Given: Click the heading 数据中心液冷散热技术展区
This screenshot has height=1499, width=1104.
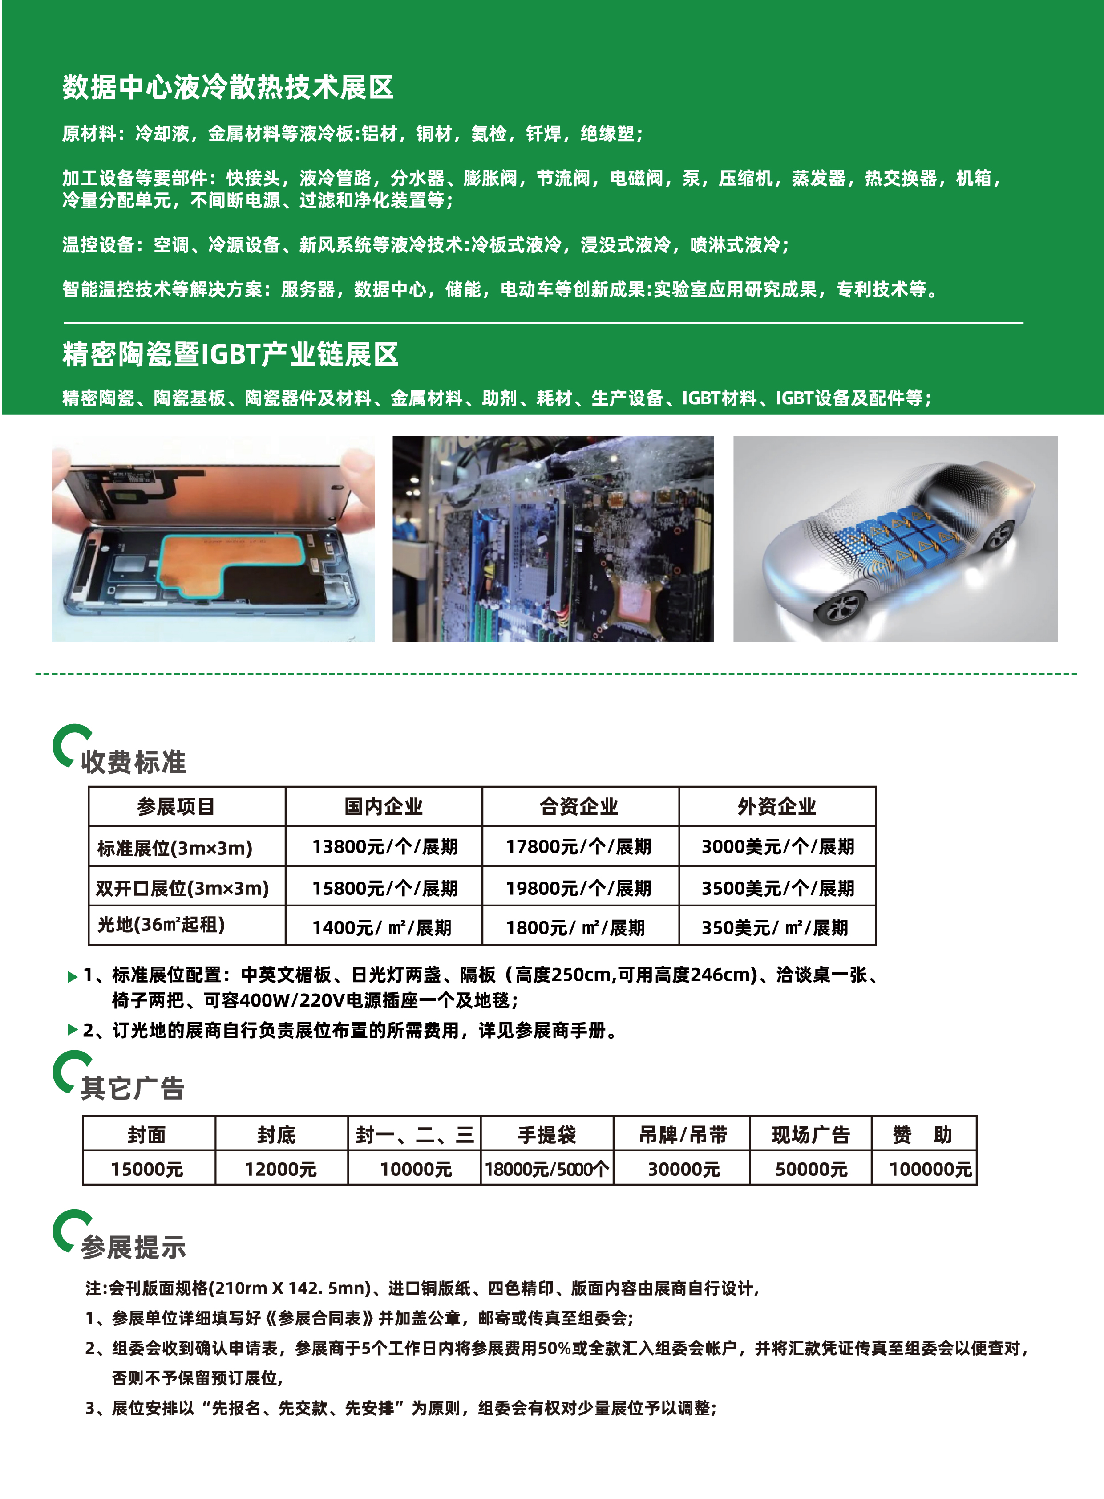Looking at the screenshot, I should pyautogui.click(x=228, y=87).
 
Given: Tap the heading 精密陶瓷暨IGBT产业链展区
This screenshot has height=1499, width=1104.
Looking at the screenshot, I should pyautogui.click(x=231, y=354).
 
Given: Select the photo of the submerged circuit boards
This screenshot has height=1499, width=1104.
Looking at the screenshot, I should pyautogui.click(x=553, y=539).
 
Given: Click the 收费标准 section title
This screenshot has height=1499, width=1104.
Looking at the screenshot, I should pyautogui.click(x=133, y=762).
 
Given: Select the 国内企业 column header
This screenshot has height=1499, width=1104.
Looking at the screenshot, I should pyautogui.click(x=384, y=806).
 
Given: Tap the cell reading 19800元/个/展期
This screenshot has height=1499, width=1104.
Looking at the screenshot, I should pyautogui.click(x=579, y=888).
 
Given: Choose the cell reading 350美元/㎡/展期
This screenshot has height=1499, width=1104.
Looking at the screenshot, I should pyautogui.click(x=775, y=927).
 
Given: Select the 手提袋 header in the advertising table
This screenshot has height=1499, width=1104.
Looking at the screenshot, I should pyautogui.click(x=546, y=1135).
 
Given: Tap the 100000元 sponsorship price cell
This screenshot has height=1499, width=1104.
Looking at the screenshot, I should pyautogui.click(x=930, y=1170).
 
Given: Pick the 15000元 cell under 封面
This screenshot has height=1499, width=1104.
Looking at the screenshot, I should pyautogui.click(x=147, y=1170).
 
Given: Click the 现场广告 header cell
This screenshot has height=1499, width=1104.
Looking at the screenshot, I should pyautogui.click(x=811, y=1135).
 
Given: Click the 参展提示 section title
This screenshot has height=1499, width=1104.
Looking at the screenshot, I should pyautogui.click(x=133, y=1247).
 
